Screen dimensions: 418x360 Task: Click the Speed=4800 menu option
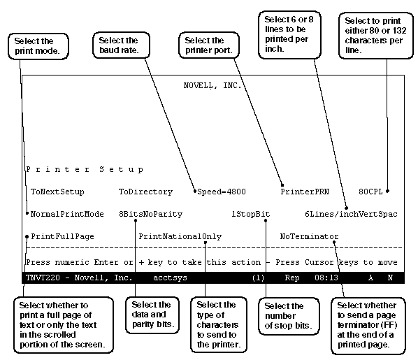click(x=222, y=192)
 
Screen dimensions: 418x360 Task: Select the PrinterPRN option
click(x=305, y=192)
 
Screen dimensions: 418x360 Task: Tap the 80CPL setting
click(x=370, y=192)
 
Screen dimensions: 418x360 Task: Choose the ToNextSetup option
click(x=57, y=192)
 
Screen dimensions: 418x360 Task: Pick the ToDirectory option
click(x=145, y=192)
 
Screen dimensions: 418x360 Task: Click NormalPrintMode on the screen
click(x=67, y=214)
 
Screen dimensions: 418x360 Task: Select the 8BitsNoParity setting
click(x=150, y=214)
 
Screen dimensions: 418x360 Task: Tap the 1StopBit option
click(x=250, y=214)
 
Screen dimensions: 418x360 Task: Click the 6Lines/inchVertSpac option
click(x=351, y=214)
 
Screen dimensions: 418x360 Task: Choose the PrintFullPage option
click(x=62, y=236)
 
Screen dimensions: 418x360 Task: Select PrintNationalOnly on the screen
click(x=180, y=236)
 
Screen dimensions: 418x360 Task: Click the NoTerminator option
click(x=309, y=236)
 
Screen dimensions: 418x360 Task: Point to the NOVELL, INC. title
click(x=212, y=85)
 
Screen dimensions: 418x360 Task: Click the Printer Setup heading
click(x=85, y=170)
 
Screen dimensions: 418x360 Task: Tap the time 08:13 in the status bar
click(x=326, y=278)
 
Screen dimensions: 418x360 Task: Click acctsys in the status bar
click(x=170, y=278)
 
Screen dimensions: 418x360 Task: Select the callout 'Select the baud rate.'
click(x=121, y=45)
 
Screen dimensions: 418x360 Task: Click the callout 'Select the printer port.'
click(x=209, y=45)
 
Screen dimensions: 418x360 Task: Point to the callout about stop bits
click(x=289, y=316)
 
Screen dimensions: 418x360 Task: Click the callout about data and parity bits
click(x=152, y=315)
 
